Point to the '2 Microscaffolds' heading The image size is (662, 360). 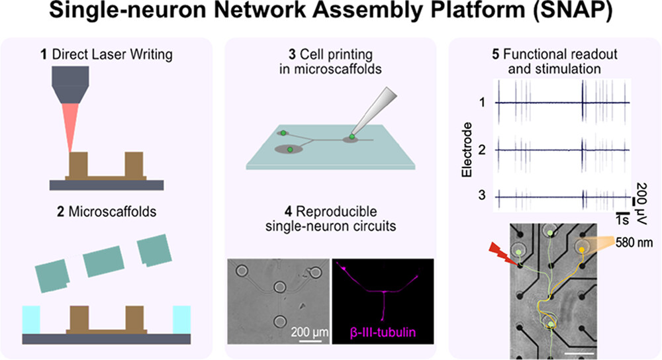click(107, 214)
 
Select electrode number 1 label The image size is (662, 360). click(481, 103)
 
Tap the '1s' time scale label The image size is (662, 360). click(621, 216)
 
